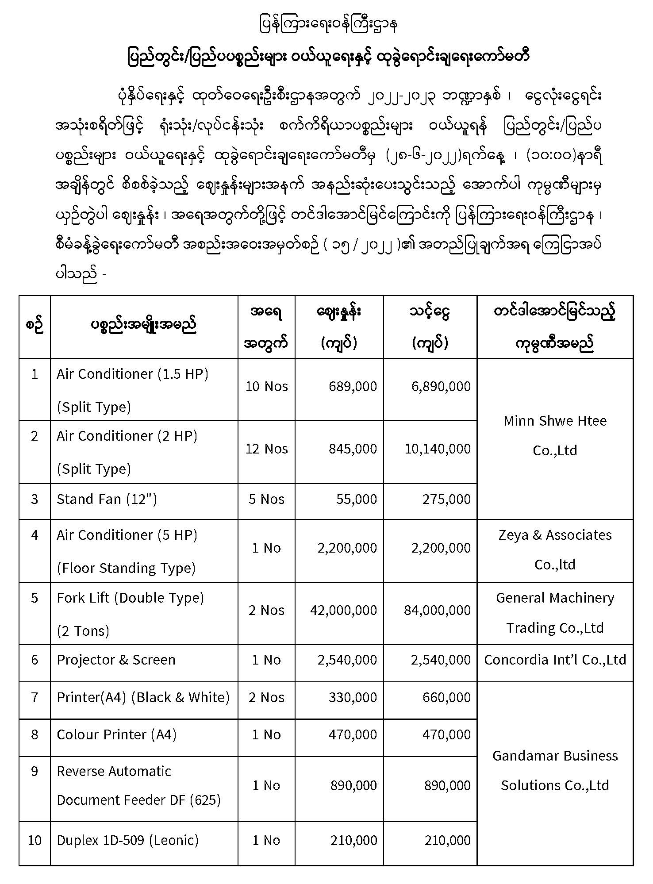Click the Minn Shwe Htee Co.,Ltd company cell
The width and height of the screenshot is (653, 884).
click(555, 435)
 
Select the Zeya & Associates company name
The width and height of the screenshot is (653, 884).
click(555, 550)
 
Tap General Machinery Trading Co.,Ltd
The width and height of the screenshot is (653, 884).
click(555, 613)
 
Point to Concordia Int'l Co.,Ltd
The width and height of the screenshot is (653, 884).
click(555, 660)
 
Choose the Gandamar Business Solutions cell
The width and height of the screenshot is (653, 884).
click(555, 770)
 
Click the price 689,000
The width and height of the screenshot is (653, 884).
click(353, 386)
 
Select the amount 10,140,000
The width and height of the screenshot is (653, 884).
click(438, 449)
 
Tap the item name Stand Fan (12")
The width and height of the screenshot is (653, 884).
click(107, 499)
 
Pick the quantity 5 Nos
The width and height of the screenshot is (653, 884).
click(266, 499)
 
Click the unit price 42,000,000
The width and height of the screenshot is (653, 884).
click(343, 610)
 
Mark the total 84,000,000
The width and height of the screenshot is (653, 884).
click(437, 610)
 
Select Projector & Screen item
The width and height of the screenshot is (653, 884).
click(116, 660)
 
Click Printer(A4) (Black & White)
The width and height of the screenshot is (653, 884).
click(143, 697)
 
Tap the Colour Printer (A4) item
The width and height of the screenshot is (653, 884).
click(116, 734)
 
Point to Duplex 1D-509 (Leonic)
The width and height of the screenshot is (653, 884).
click(127, 840)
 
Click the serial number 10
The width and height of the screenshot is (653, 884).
click(35, 840)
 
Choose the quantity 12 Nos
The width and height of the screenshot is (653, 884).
click(266, 449)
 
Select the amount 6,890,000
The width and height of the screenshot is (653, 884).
click(441, 386)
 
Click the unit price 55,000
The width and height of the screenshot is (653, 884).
click(356, 499)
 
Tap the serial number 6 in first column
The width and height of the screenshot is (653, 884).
click(35, 660)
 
